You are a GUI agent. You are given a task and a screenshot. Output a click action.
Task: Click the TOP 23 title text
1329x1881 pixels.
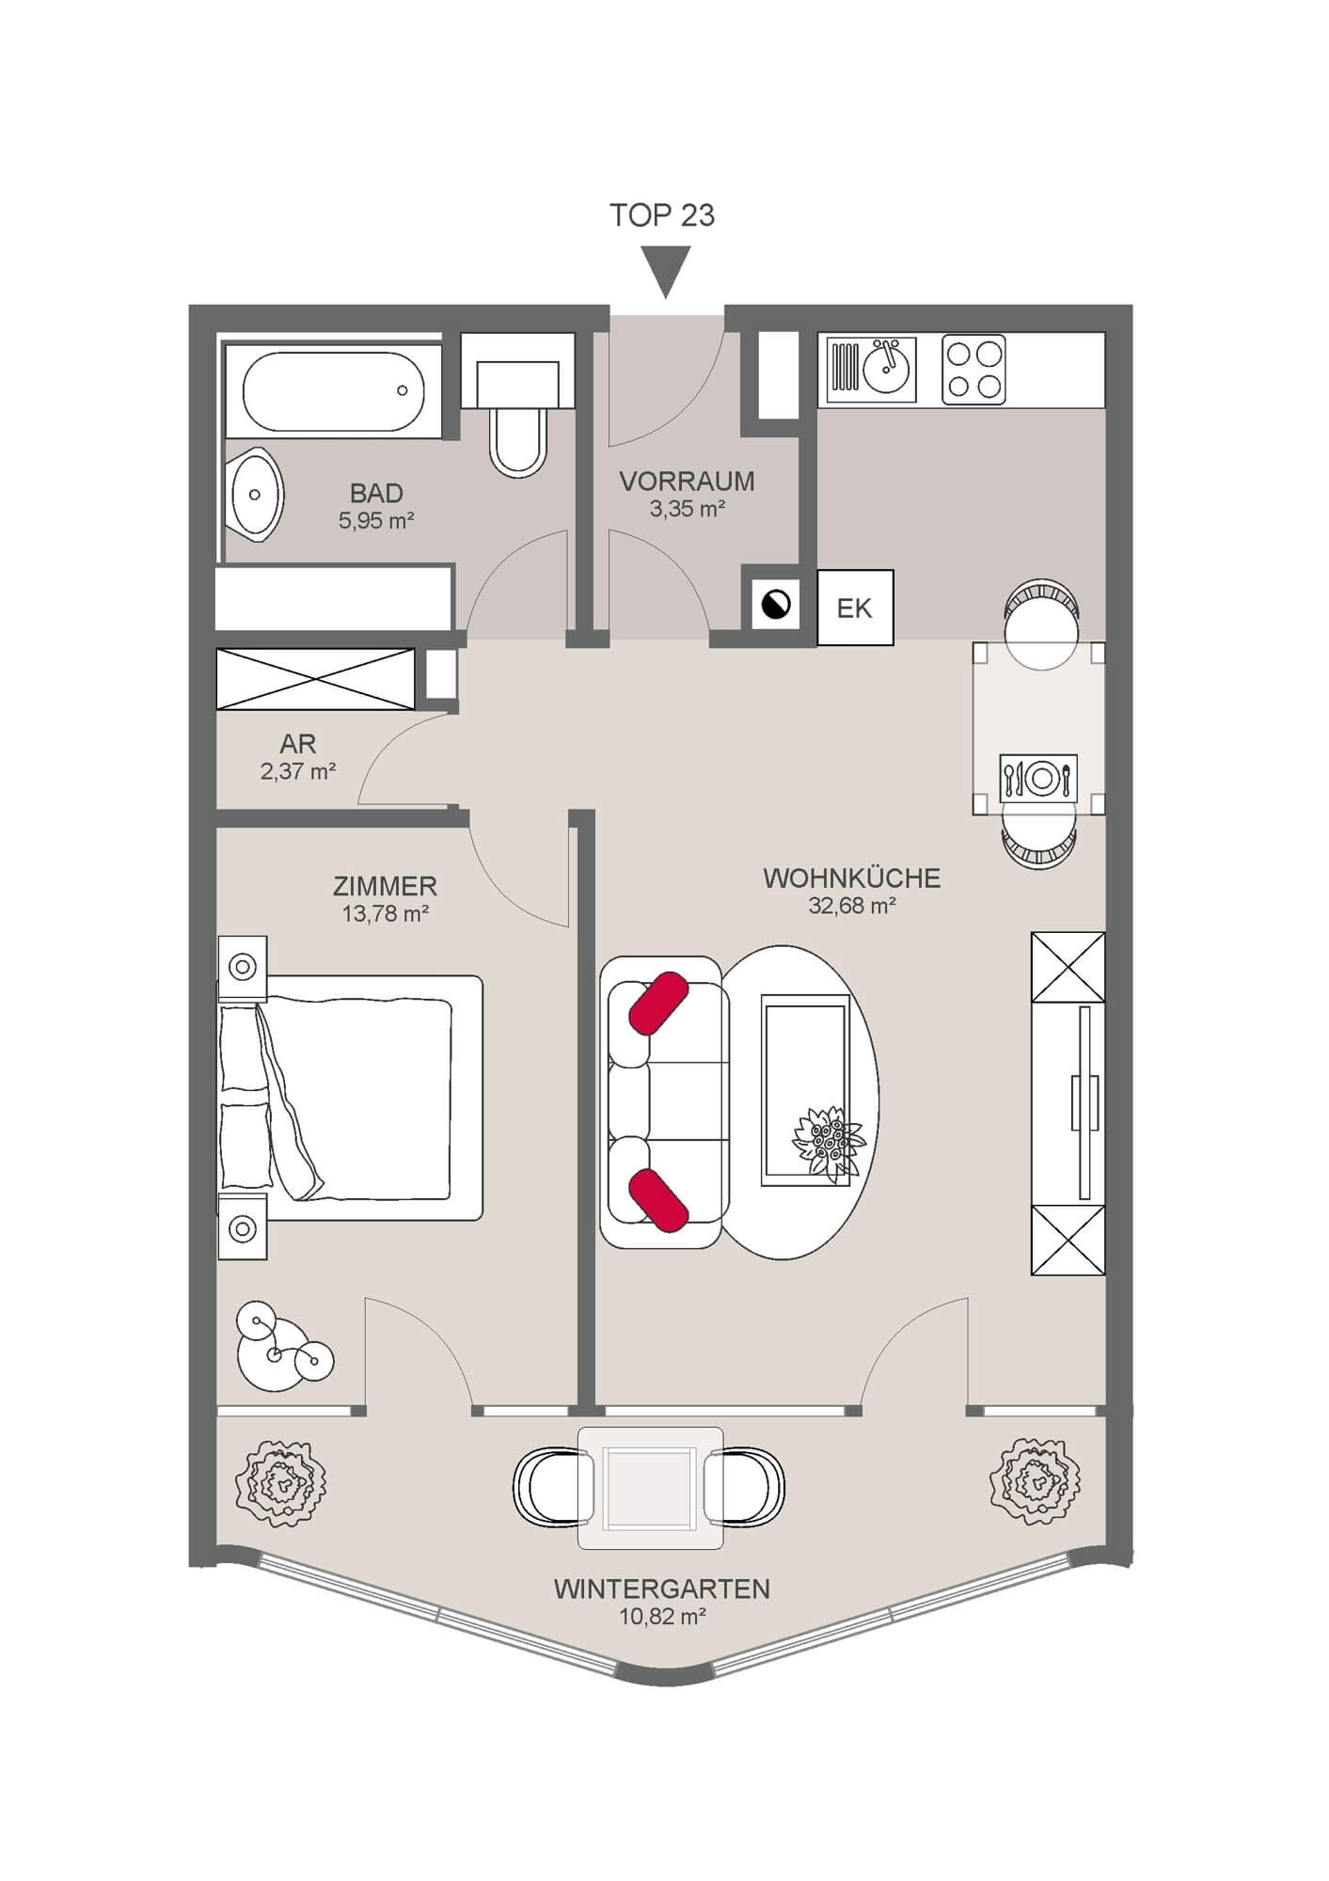(x=662, y=215)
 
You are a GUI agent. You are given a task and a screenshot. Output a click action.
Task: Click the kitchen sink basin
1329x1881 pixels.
(x=885, y=369)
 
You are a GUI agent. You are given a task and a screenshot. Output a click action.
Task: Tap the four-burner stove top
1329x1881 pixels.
(x=973, y=369)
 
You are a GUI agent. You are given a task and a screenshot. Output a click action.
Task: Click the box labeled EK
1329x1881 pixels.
(x=854, y=608)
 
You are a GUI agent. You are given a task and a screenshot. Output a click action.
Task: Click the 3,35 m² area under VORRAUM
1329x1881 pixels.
(x=687, y=510)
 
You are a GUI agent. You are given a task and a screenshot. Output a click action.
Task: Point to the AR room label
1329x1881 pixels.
(x=297, y=743)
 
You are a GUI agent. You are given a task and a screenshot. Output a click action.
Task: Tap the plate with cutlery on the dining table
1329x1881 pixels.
(x=1039, y=777)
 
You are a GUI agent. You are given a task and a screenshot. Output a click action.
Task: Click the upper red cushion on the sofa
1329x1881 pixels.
(x=658, y=1004)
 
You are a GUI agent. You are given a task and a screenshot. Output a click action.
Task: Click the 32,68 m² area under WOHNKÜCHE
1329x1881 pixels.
(x=851, y=906)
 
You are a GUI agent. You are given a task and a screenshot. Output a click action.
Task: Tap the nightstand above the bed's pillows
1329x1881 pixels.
(x=243, y=966)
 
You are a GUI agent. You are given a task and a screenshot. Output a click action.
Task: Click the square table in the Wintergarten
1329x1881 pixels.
(x=650, y=1488)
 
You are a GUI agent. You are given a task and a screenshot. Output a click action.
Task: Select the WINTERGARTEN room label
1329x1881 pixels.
(x=661, y=1589)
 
